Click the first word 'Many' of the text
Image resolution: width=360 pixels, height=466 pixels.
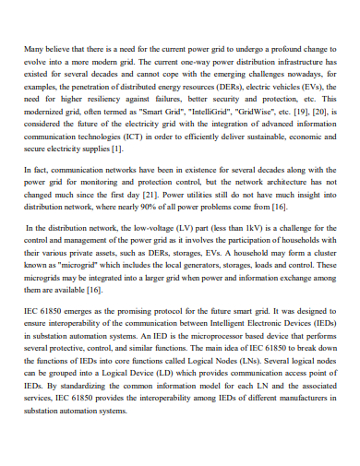(35, 46)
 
